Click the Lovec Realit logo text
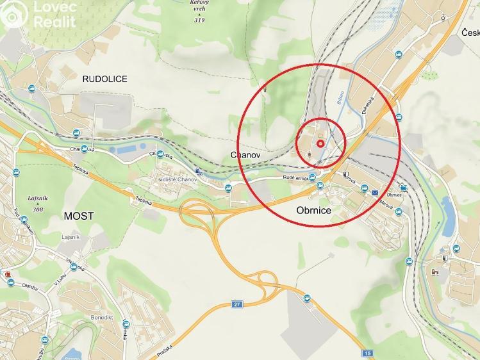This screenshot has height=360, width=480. (x=54, y=15)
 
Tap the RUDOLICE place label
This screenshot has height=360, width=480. (x=105, y=79)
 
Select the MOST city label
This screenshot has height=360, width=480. (x=78, y=216)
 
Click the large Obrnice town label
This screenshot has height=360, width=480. (x=313, y=210)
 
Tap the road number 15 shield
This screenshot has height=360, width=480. (x=367, y=353)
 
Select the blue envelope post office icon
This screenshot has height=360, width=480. (x=374, y=192)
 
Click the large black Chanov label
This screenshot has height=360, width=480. (x=244, y=155)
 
